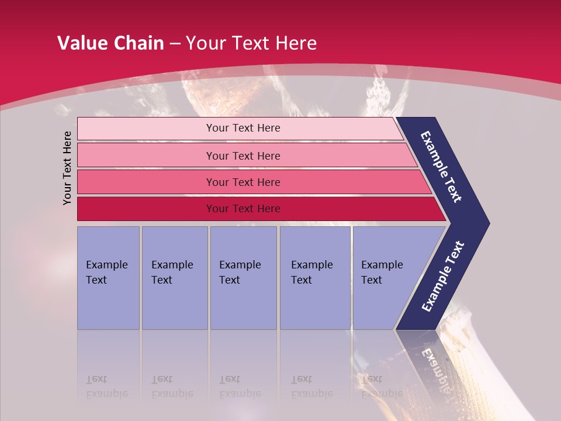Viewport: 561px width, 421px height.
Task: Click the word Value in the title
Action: pyautogui.click(x=81, y=43)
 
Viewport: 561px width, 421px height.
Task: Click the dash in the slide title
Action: pyautogui.click(x=175, y=44)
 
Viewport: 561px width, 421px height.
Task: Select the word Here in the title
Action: pyautogui.click(x=296, y=43)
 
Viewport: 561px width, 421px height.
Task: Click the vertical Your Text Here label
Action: pyautogui.click(x=67, y=168)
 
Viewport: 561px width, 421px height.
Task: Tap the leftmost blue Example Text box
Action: pyautogui.click(x=108, y=277)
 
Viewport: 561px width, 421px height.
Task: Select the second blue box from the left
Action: pyautogui.click(x=174, y=277)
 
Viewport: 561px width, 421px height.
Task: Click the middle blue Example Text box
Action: pyautogui.click(x=243, y=277)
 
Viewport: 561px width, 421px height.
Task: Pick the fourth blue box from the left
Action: pyautogui.click(x=315, y=277)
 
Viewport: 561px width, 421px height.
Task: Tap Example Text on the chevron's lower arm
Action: pyautogui.click(x=442, y=276)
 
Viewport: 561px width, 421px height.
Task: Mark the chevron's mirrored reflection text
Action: pyautogui.click(x=435, y=365)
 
